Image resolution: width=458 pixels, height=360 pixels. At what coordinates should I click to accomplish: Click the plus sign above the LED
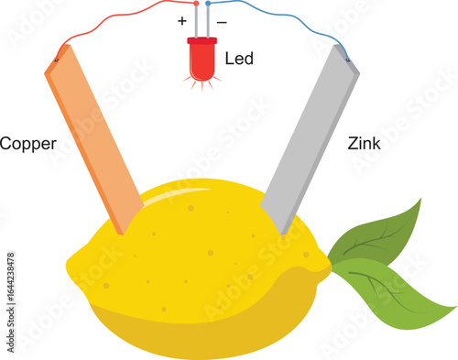pos(182,19)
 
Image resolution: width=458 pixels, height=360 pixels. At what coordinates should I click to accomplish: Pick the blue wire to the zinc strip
pos(284,24)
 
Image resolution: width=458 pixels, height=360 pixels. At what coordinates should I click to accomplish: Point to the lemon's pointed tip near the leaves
pos(326,266)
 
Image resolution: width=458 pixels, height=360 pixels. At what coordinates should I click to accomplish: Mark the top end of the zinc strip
pos(346,57)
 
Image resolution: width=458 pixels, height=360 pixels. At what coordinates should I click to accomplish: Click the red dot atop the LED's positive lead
pos(197,4)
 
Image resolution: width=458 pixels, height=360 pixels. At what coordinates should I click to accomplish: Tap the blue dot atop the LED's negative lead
pos(208,4)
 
